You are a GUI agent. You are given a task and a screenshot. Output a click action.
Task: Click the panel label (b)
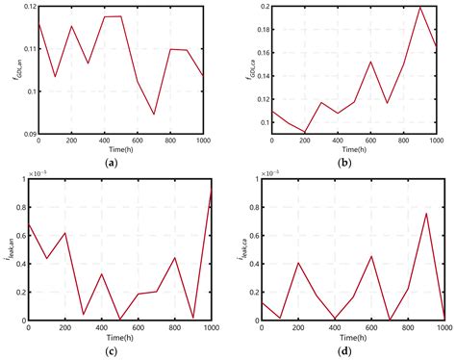click(x=351, y=165)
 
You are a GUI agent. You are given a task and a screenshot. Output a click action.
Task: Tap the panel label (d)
click(x=351, y=348)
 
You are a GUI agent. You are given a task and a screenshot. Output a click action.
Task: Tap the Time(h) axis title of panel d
click(x=351, y=335)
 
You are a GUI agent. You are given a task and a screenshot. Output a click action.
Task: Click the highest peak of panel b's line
click(x=420, y=8)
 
